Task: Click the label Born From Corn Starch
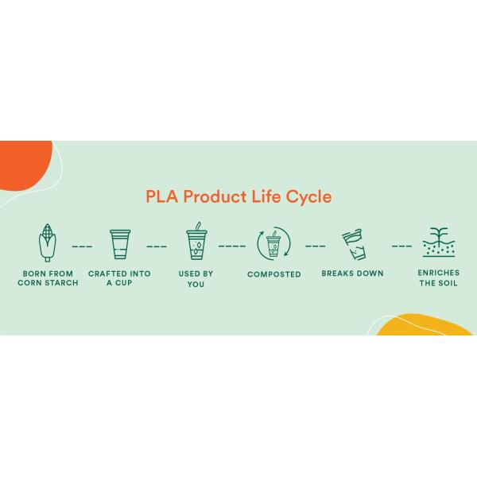pos(47,278)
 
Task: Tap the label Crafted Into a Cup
pos(120,278)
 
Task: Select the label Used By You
pos(196,278)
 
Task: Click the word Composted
pos(274,274)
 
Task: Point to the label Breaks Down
pos(352,273)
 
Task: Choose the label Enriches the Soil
pos(438,278)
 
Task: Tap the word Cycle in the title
pos(310,196)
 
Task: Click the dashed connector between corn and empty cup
pos(83,246)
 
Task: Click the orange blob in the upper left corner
pos(22,163)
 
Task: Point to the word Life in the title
pos(270,196)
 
